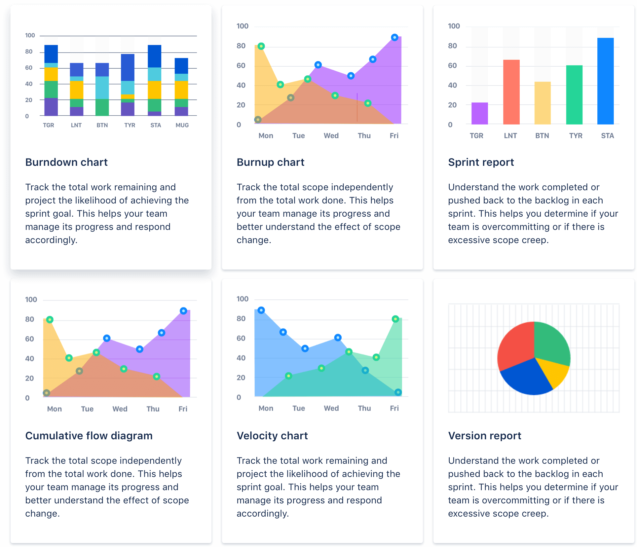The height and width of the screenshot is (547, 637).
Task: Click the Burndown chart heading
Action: [x=66, y=162]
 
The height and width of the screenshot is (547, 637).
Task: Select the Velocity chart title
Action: [x=272, y=436]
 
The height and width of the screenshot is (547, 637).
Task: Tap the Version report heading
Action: [x=484, y=436]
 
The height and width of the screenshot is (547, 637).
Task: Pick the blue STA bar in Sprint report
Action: [x=605, y=81]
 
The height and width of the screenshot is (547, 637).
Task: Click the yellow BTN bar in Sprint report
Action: [x=543, y=103]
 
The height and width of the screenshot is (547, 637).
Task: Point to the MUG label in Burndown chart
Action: [x=182, y=125]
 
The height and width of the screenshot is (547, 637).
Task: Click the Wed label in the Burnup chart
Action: [x=331, y=135]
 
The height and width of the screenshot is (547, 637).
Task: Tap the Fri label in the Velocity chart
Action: [x=394, y=408]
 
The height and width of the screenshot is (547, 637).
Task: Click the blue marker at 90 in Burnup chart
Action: [x=394, y=37]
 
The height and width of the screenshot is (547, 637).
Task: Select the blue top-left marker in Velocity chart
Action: [x=261, y=310]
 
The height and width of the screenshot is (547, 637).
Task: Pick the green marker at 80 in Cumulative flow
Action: [x=50, y=319]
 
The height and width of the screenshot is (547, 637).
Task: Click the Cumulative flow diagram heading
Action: [x=89, y=436]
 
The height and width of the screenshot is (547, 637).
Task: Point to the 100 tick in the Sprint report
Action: [x=454, y=26]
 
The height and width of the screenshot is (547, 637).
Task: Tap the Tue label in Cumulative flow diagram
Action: [x=87, y=409]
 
